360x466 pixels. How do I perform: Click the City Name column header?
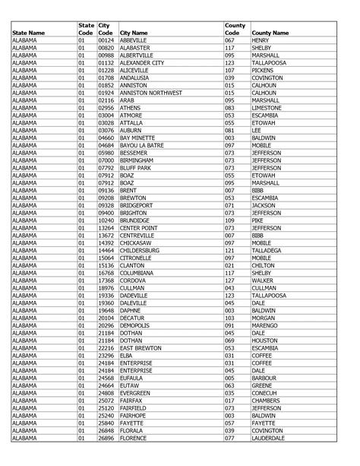pos(133,33)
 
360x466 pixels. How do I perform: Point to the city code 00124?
pos(106,40)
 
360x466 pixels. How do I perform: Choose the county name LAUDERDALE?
pos(270,439)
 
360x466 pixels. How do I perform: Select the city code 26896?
pos(106,439)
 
